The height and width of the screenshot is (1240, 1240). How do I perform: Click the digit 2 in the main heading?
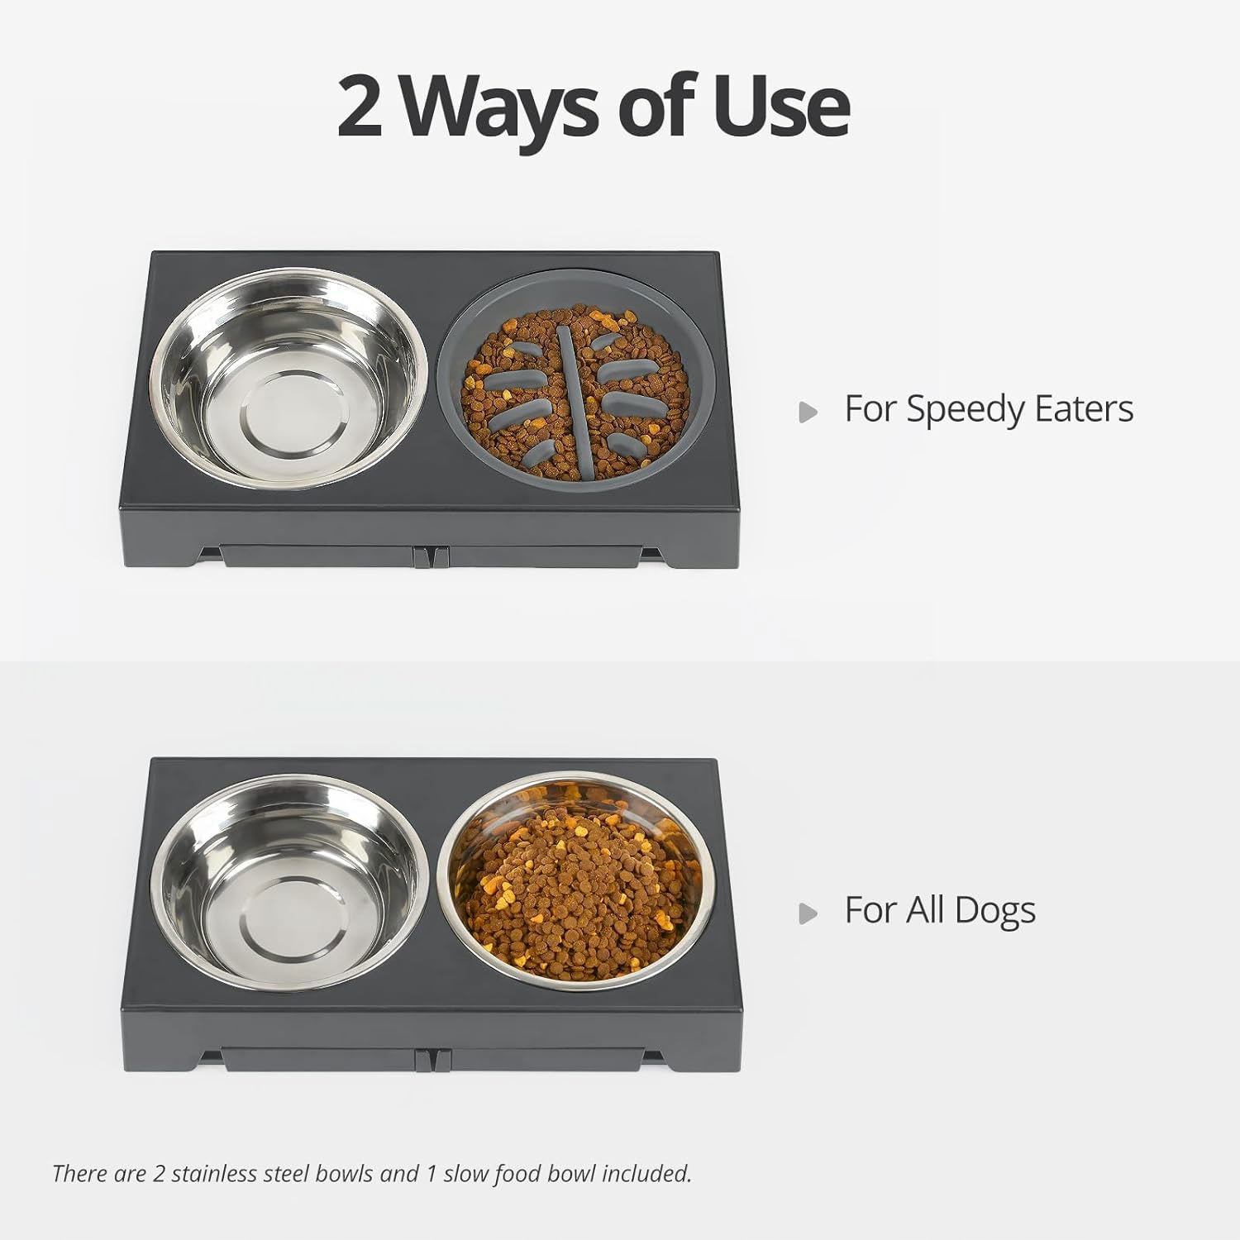(360, 105)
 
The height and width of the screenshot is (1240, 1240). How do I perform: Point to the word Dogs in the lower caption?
(994, 912)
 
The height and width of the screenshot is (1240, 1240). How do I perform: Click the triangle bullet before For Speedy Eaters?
(808, 412)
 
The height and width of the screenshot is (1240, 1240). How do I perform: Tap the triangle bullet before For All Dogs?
(808, 913)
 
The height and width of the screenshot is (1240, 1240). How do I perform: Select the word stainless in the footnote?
(214, 1173)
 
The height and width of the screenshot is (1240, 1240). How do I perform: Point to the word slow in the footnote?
(467, 1173)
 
